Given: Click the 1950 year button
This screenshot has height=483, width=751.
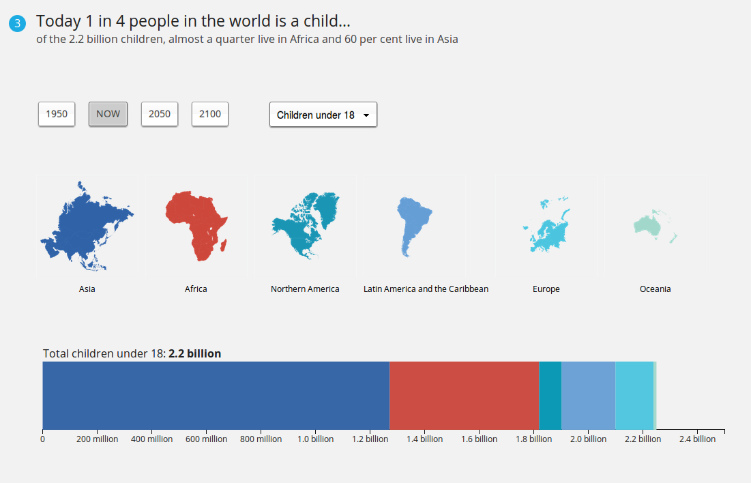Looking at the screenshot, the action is (x=57, y=114).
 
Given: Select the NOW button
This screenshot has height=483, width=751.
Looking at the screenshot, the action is (x=108, y=114).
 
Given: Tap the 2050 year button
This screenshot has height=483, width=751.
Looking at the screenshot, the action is (x=160, y=114).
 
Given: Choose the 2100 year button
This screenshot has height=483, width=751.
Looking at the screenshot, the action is (x=210, y=114).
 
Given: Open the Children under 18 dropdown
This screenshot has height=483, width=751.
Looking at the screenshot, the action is (x=323, y=115).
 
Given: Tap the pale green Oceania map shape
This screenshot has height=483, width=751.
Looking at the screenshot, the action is (x=648, y=224).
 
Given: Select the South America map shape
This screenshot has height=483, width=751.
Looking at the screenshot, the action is (x=412, y=223).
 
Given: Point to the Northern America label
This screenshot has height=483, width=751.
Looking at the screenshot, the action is (x=305, y=289).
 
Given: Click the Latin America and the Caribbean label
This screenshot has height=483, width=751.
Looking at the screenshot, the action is (x=426, y=289).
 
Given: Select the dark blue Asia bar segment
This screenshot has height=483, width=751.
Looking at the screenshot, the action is (x=216, y=395).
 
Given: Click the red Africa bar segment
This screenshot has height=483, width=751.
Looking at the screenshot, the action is (x=465, y=395).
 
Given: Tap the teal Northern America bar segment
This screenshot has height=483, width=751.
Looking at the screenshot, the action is (x=550, y=395).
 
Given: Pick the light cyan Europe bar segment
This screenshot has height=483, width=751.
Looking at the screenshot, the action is (x=634, y=395).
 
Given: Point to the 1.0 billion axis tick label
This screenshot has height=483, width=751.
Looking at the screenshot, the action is (x=316, y=439).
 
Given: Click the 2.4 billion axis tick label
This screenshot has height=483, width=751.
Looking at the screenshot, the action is (x=697, y=439).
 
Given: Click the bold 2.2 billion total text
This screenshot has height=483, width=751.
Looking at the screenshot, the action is (x=195, y=353).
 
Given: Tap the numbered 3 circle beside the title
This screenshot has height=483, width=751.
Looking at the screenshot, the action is (x=17, y=23).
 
